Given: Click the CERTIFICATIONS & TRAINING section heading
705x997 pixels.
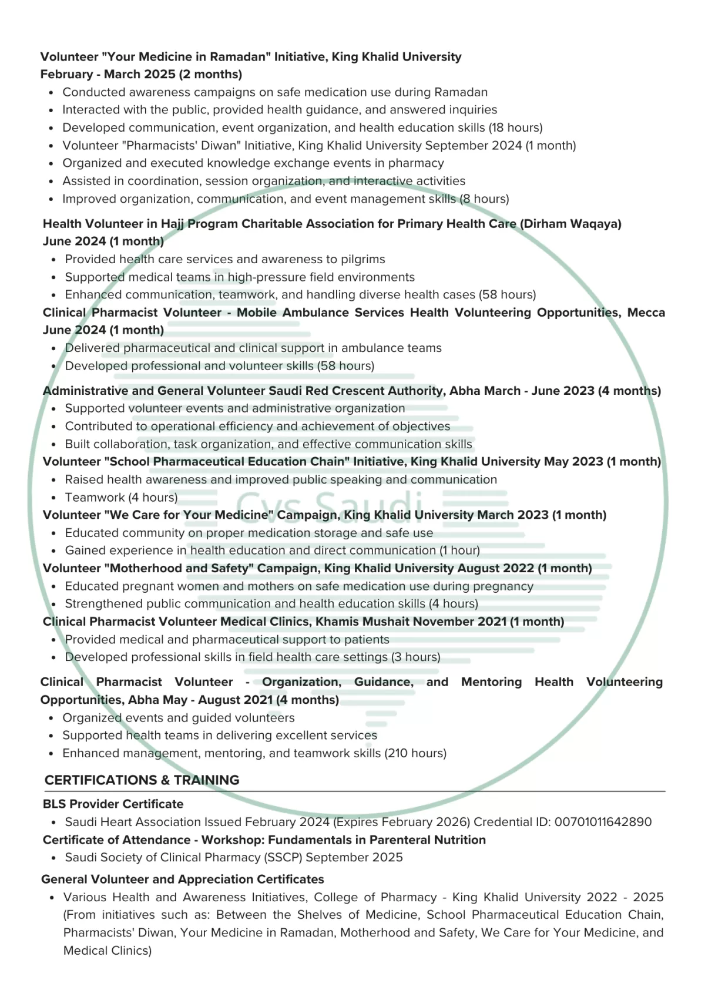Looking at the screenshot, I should click(x=142, y=780).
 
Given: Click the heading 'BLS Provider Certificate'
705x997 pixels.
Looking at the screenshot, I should click(x=113, y=804).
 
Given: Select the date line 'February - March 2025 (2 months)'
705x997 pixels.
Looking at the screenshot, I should click(x=141, y=75).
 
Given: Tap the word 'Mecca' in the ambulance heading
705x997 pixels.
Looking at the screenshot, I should click(x=646, y=313).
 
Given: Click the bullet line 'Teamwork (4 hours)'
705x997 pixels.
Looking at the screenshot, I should click(x=121, y=498).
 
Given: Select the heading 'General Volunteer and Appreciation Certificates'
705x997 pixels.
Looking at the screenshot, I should click(x=182, y=879).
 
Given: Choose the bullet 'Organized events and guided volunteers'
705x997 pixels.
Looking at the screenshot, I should click(x=179, y=718).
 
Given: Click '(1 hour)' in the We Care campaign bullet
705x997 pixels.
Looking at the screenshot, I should click(x=459, y=550).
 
